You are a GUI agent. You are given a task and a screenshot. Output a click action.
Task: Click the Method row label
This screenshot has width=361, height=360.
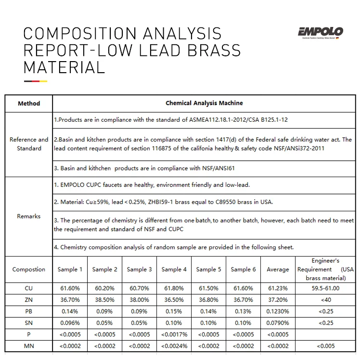click(x=29, y=103)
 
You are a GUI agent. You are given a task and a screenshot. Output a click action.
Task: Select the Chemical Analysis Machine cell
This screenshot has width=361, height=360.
click(x=204, y=103)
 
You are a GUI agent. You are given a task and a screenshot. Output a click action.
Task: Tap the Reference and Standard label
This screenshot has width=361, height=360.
click(x=29, y=144)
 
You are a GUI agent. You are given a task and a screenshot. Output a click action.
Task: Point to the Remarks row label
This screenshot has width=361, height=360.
click(x=29, y=216)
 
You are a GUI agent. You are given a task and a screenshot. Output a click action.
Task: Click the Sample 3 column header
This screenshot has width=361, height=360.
click(x=139, y=270)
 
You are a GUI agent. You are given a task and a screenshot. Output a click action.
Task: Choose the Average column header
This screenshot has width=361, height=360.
click(x=278, y=270)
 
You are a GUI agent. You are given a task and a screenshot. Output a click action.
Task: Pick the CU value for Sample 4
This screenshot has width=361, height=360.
click(x=174, y=288)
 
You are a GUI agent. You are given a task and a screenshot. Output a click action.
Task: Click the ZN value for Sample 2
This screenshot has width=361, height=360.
click(x=104, y=299)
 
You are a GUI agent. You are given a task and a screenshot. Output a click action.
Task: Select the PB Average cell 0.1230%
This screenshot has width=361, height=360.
click(x=278, y=311)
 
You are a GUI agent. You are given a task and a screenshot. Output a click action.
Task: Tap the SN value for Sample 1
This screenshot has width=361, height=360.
click(x=70, y=322)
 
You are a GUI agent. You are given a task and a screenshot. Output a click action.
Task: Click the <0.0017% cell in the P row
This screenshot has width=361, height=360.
click(x=174, y=334)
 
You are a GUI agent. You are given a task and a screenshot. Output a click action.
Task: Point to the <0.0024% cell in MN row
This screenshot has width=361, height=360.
click(x=174, y=346)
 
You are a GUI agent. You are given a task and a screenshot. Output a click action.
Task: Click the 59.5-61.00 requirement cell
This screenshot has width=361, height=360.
click(x=325, y=288)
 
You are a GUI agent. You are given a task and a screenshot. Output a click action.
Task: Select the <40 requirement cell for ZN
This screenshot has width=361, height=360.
click(x=325, y=299)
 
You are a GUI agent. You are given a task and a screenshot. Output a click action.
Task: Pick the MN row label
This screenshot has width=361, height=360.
click(x=29, y=346)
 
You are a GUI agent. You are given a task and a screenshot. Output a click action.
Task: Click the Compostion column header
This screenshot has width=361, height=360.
click(x=29, y=270)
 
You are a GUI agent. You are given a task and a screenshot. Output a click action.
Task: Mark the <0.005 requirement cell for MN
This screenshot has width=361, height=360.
click(x=325, y=346)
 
